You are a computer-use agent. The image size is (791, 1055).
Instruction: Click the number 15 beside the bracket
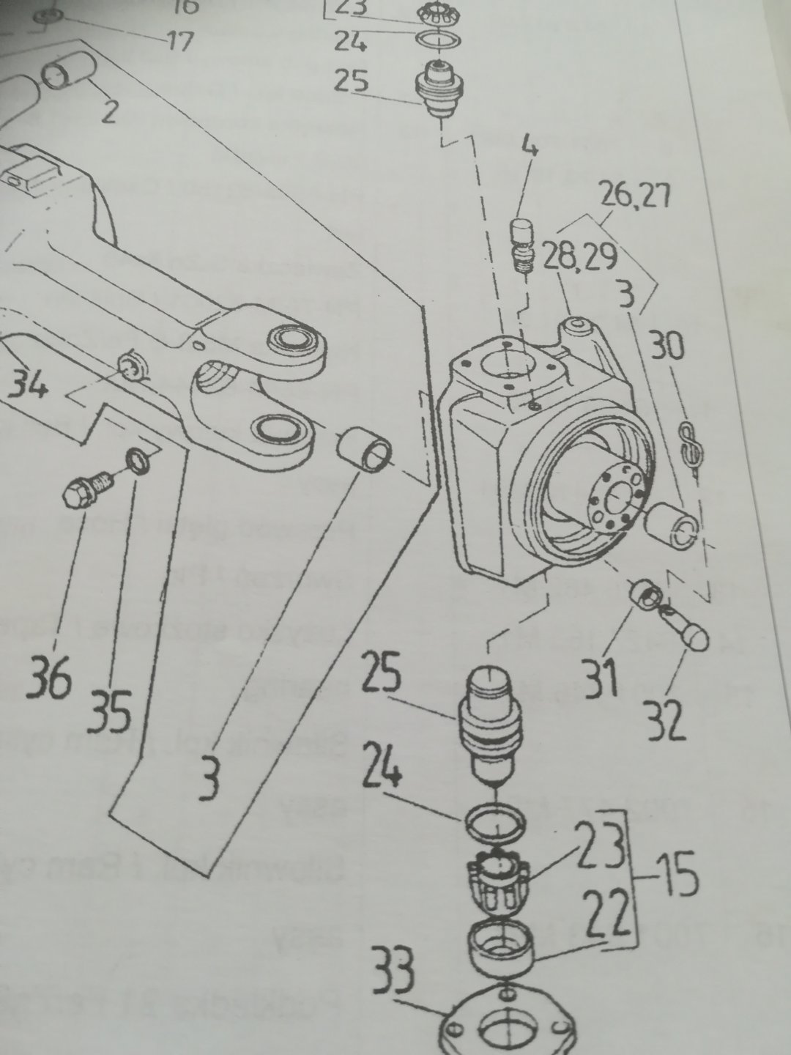[676, 878]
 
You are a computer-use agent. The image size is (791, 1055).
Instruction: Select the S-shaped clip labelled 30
[688, 445]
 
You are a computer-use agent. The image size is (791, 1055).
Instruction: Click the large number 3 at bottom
[210, 781]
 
